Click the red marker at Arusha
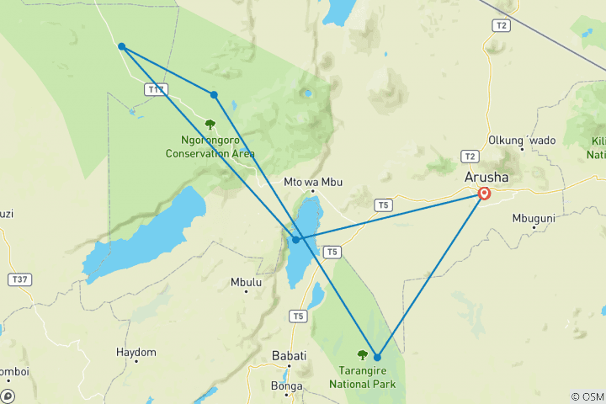tap(485, 194)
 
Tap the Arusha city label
tap(486, 178)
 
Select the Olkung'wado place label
tap(522, 140)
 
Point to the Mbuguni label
tap(534, 218)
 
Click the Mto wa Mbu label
tap(310, 181)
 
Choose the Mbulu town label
tap(246, 283)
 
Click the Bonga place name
tap(288, 385)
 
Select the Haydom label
tap(136, 352)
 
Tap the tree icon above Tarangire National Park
tap(363, 355)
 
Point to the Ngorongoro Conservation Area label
tap(210, 147)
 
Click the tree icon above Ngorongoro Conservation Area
tap(210, 125)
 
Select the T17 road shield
tap(156, 89)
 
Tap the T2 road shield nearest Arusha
tap(470, 156)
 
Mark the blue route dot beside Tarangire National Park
tap(377, 358)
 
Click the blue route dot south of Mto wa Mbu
tap(295, 240)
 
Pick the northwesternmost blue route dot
tap(122, 46)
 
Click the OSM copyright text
tap(587, 396)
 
